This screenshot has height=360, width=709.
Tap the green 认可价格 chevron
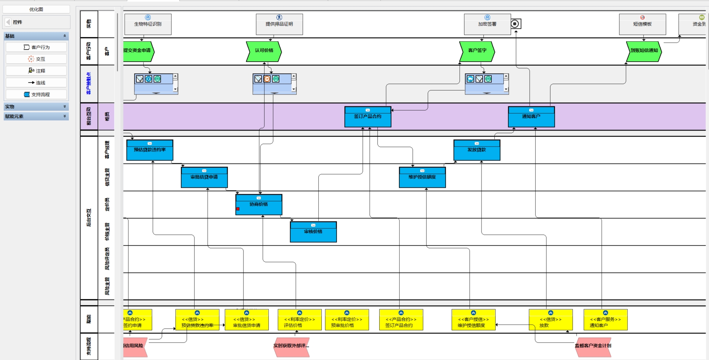264,51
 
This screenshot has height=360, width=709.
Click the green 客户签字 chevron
477,51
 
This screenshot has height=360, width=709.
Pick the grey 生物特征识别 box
148,24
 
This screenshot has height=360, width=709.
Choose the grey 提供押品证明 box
279,24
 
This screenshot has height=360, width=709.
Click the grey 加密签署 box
487,24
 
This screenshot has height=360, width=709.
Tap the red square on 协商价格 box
238,209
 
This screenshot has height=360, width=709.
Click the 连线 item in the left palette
36,83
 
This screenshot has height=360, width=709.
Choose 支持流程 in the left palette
36,94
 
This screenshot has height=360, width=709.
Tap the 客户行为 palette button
36,47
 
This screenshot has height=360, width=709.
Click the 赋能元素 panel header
36,116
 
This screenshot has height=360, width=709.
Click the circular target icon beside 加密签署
515,24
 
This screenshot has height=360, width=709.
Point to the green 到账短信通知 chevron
644,51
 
